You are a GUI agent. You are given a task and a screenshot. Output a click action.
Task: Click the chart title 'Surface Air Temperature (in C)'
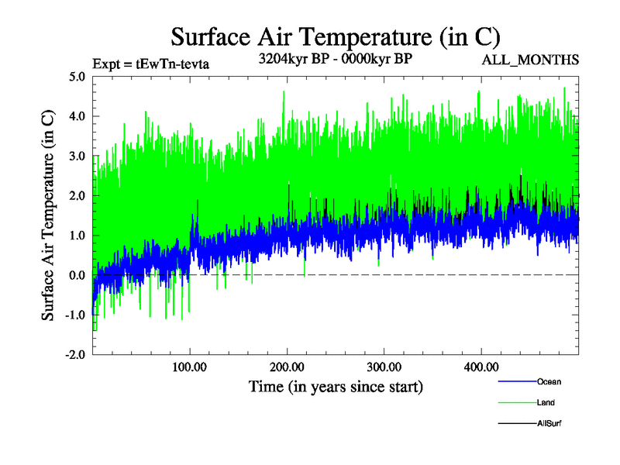click(335, 36)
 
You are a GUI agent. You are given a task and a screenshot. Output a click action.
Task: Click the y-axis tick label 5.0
click(77, 77)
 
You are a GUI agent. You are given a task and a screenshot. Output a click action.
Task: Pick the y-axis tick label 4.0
click(77, 116)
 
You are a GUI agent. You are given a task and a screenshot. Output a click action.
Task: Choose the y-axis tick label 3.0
click(77, 156)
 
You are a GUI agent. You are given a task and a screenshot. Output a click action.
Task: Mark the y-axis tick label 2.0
click(77, 195)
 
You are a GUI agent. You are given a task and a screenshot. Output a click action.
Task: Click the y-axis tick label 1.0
click(77, 235)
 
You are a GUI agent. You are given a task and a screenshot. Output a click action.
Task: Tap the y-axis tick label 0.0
click(77, 274)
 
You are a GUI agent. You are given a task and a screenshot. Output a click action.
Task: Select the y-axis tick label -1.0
click(75, 314)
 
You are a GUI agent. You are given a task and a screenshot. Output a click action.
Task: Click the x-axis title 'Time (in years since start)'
click(336, 385)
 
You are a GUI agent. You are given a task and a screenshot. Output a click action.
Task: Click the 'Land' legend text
click(546, 402)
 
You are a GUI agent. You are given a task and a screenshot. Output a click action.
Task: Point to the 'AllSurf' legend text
click(549, 423)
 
